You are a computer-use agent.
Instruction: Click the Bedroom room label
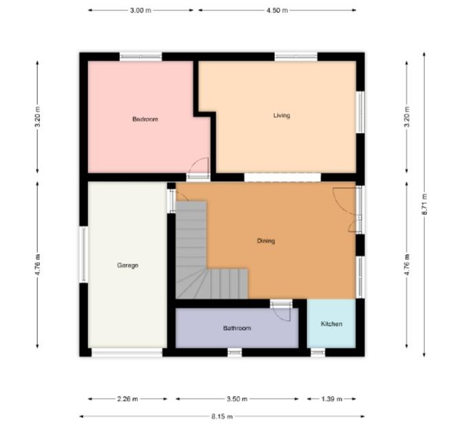tap(145, 119)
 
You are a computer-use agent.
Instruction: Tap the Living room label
tap(282, 116)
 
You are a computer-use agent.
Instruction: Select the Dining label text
tap(266, 241)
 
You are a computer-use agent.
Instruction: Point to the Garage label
tap(127, 265)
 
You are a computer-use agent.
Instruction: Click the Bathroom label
tap(237, 328)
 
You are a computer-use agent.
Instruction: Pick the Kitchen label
tap(332, 324)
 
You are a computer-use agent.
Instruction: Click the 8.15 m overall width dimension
tap(222, 416)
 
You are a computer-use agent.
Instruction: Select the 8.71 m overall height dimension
tap(424, 204)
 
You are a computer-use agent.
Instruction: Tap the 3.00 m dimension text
tap(140, 10)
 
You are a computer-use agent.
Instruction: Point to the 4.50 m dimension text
tap(278, 10)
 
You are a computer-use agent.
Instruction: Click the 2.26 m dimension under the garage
tap(127, 399)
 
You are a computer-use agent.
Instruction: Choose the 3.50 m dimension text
tap(237, 399)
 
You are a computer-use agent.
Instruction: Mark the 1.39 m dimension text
tap(332, 399)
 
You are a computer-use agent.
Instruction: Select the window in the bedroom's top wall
tap(140, 56)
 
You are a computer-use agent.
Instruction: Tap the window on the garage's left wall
tap(83, 254)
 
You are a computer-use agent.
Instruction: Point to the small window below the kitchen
tap(318, 353)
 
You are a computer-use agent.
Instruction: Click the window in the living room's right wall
tap(361, 112)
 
